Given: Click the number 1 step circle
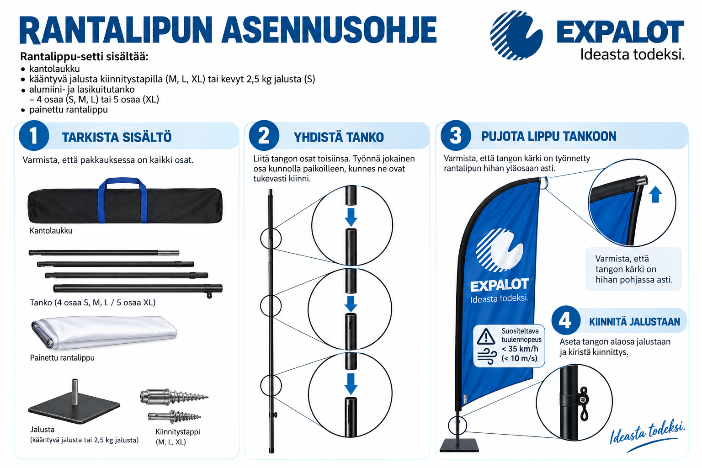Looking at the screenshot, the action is pyautogui.click(x=34, y=136).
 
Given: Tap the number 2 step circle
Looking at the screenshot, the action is pyautogui.click(x=264, y=136).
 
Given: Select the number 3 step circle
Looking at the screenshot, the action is pyautogui.click(x=456, y=136).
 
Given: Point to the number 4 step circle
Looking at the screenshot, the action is pyautogui.click(x=565, y=321).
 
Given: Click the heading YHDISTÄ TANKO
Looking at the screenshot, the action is pyautogui.click(x=339, y=137).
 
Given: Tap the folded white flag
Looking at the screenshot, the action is pyautogui.click(x=104, y=333).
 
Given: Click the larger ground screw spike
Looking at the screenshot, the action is pyautogui.click(x=174, y=397).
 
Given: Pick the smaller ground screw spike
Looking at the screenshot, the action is pyautogui.click(x=174, y=416).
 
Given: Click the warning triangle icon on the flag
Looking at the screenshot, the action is pyautogui.click(x=486, y=337).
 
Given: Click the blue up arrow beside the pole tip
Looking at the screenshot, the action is pyautogui.click(x=655, y=194).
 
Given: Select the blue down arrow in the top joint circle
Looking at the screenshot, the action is pyautogui.click(x=351, y=217).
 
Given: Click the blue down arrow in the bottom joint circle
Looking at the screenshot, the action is pyautogui.click(x=351, y=384).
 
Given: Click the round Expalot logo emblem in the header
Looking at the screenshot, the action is pyautogui.click(x=516, y=35).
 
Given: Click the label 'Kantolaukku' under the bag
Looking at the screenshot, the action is pyautogui.click(x=51, y=231).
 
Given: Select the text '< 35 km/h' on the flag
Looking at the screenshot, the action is pyautogui.click(x=520, y=349).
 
